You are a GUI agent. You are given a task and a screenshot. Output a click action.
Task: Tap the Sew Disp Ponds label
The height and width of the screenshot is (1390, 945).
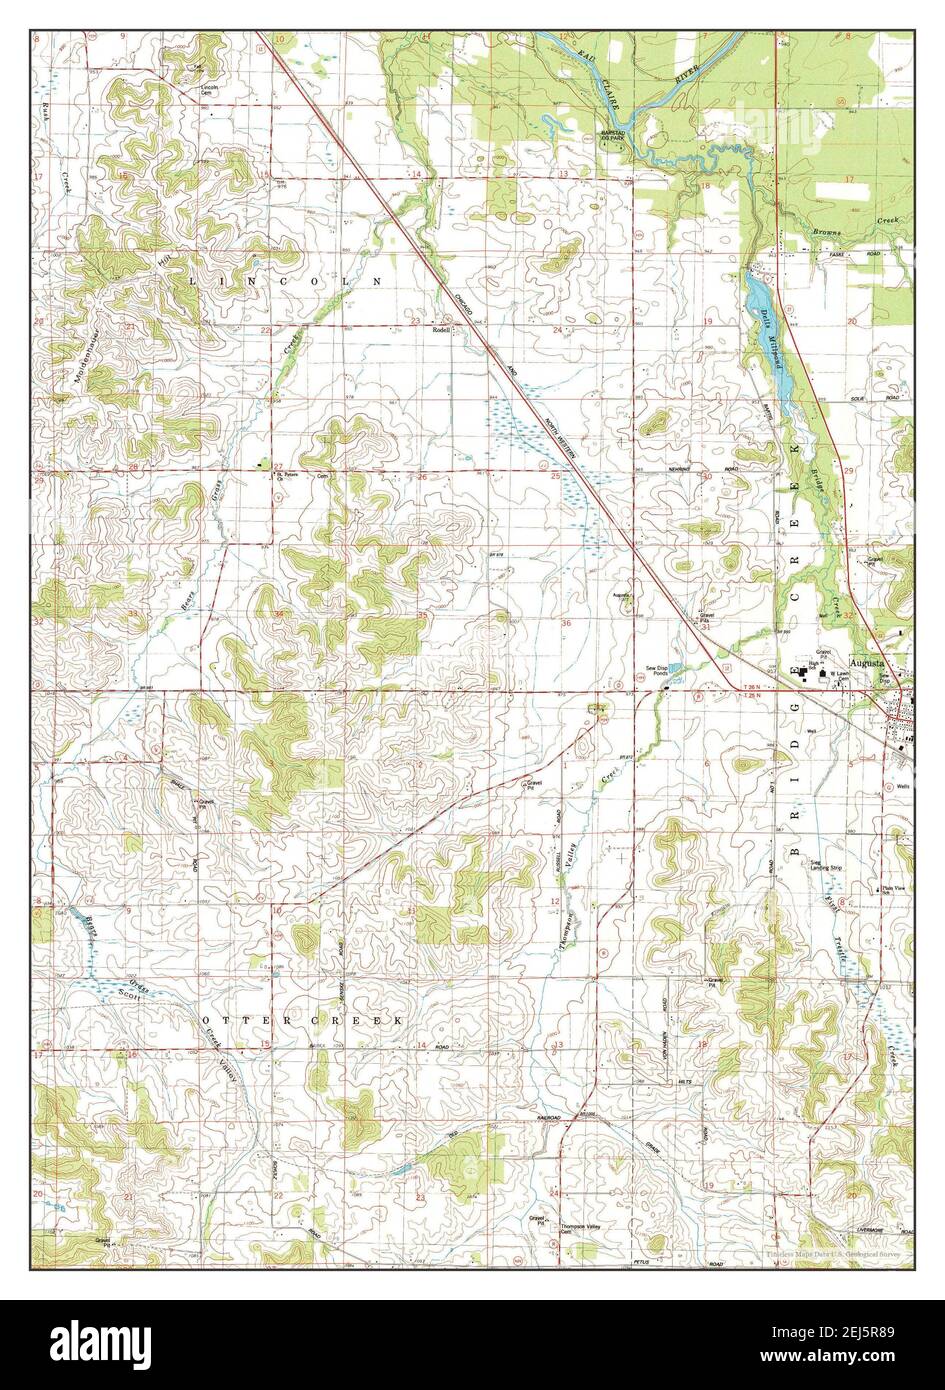[658, 672]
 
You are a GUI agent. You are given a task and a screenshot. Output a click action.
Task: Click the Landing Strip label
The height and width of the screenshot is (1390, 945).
[826, 869]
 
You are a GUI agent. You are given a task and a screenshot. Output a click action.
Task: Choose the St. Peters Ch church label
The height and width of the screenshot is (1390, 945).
[289, 476]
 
